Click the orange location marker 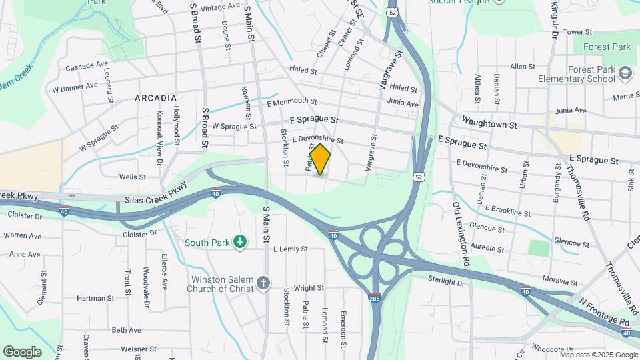tap(321, 159)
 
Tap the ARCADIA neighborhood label tap(155, 98)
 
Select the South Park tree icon tap(241, 242)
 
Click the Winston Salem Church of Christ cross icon tap(264, 283)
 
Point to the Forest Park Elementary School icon tap(625, 73)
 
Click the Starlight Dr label tap(446, 283)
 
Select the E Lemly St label tap(291, 249)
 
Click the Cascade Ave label tap(87, 66)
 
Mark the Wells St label tap(132, 177)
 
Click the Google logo tap(22, 351)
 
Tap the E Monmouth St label tap(291, 101)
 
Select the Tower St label tap(577, 32)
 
